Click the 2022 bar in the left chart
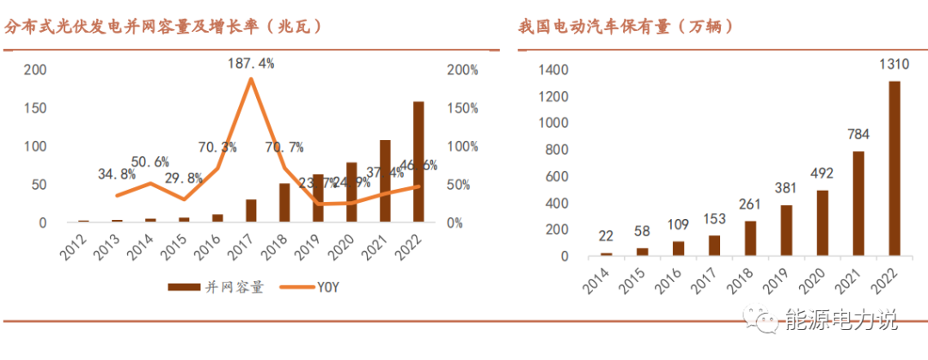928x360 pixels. (418, 162)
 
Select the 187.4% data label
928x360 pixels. (252, 63)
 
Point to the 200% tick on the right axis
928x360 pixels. (462, 70)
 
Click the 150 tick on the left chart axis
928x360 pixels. (32, 108)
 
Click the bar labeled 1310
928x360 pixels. (894, 168)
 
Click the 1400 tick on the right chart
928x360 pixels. (553, 70)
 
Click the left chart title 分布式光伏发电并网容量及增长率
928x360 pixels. (163, 27)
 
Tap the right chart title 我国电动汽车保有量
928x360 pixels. (626, 27)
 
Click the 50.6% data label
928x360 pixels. (150, 162)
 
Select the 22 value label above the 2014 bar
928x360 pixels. (606, 236)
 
